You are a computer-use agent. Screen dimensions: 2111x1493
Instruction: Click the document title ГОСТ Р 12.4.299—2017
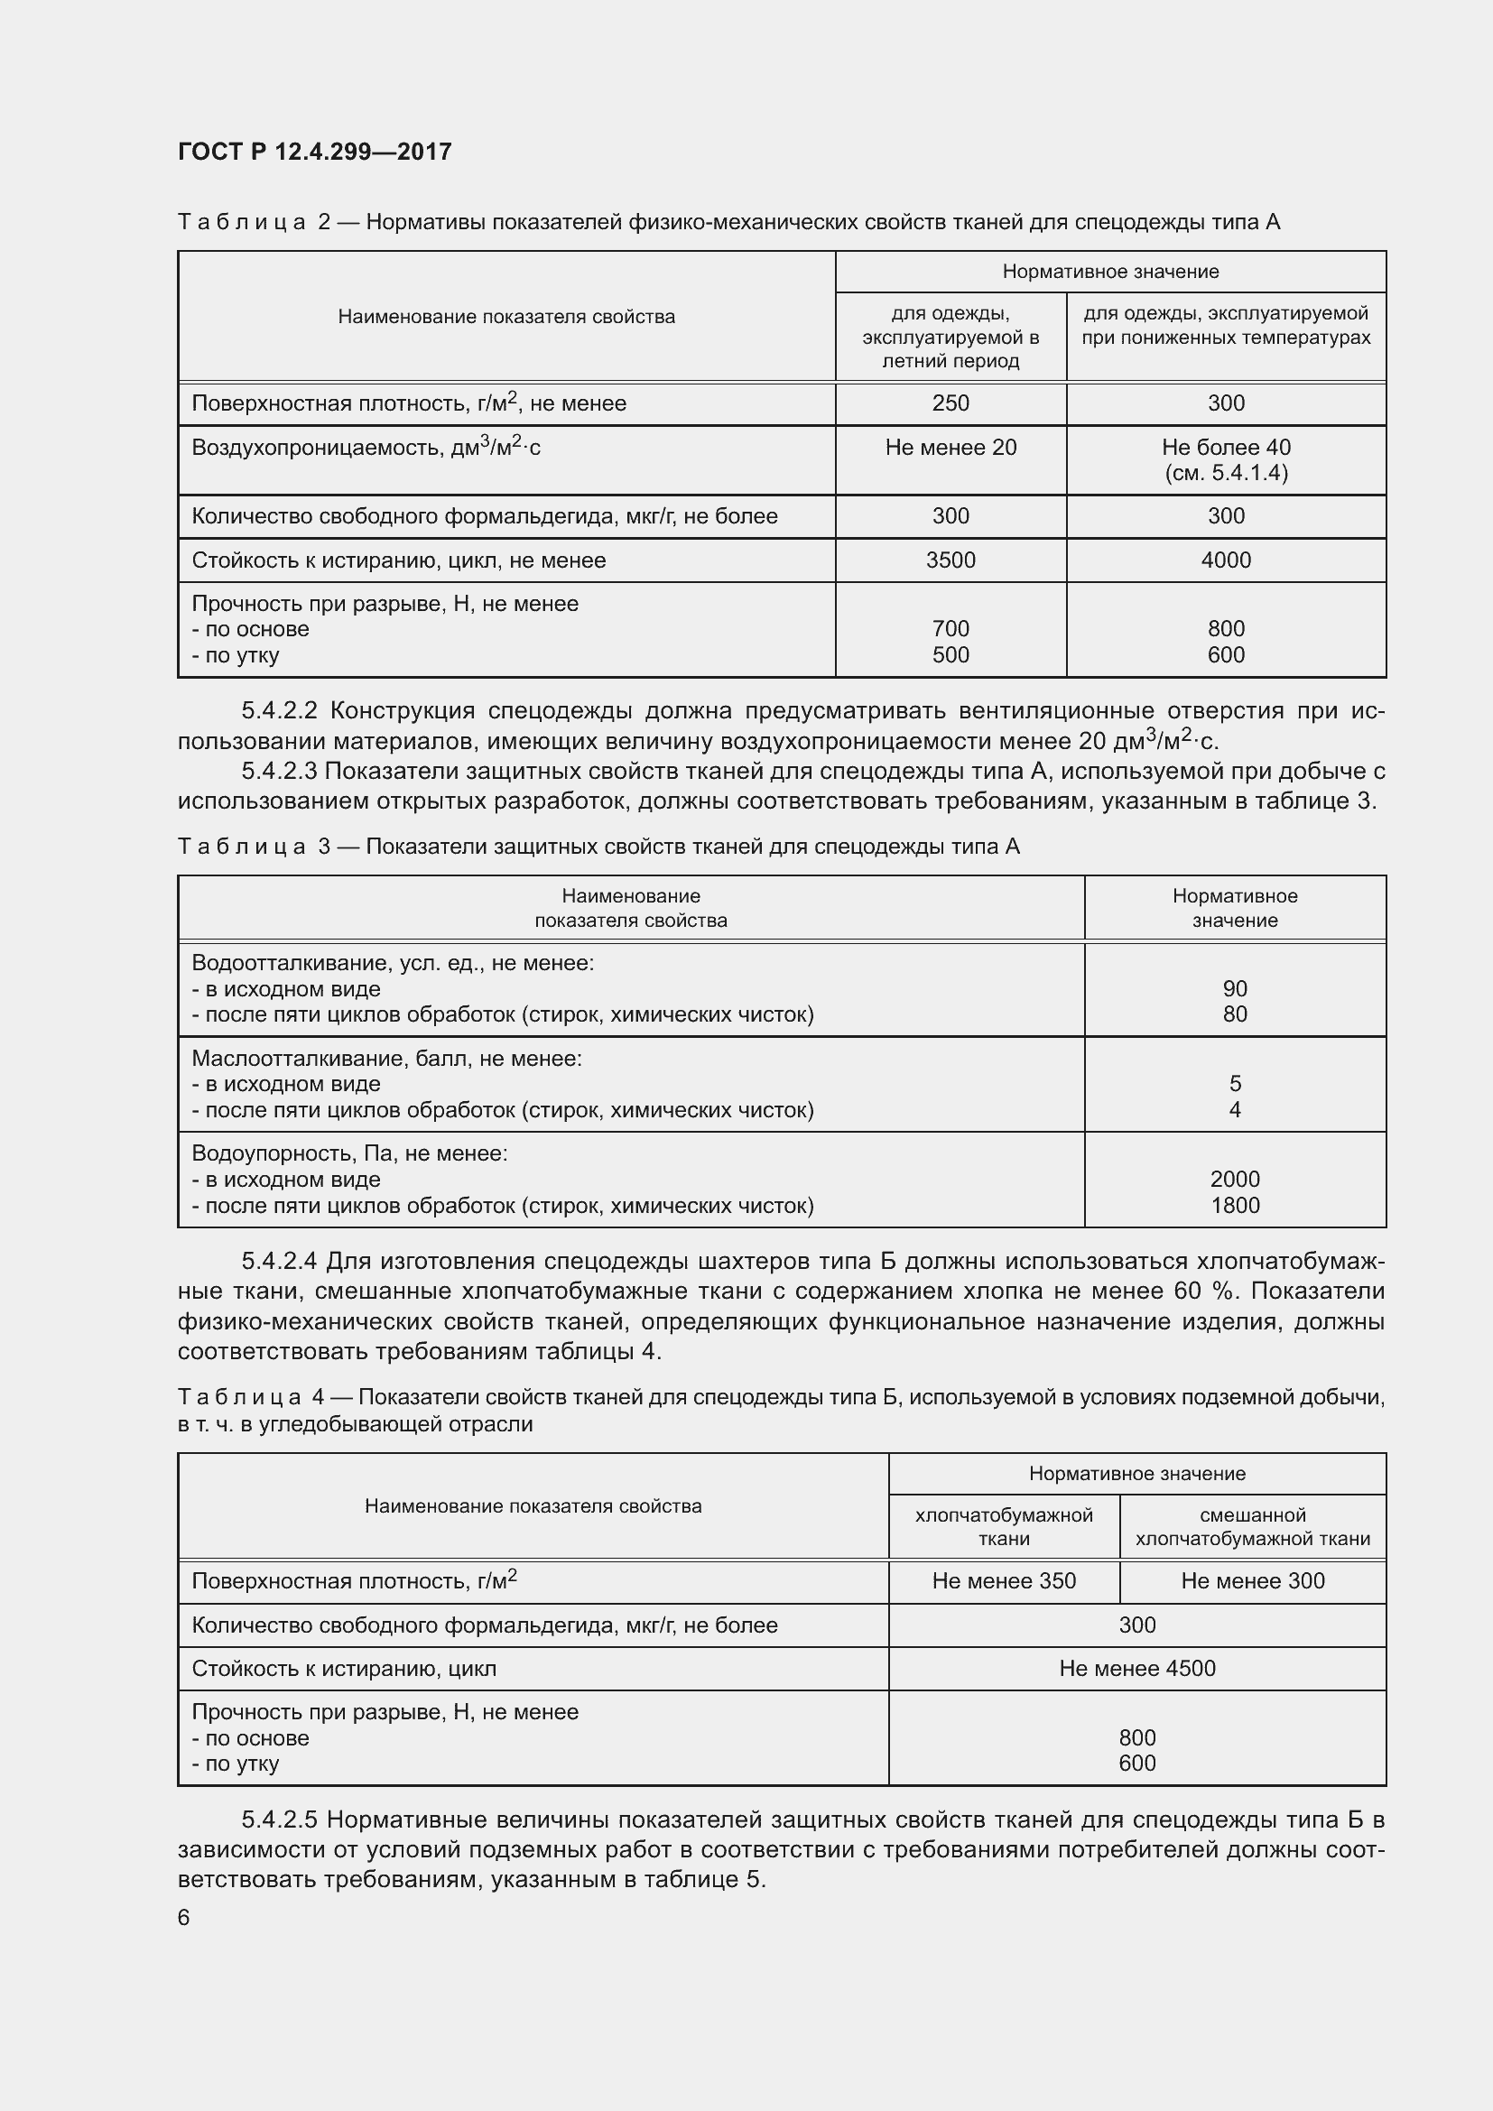[314, 152]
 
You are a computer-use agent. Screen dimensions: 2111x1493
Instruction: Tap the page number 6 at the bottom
[184, 1917]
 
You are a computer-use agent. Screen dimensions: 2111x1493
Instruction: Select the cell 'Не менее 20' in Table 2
[951, 448]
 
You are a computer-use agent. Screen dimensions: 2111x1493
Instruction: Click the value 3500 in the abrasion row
[951, 560]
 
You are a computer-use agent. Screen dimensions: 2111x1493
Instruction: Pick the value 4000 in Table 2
[1226, 560]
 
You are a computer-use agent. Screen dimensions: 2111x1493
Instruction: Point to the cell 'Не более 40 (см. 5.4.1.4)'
[1226, 459]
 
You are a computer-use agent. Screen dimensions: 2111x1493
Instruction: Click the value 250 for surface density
[951, 403]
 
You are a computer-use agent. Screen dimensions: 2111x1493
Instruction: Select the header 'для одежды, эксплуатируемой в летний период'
[951, 337]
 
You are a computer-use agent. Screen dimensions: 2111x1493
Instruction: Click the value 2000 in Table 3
[1235, 1179]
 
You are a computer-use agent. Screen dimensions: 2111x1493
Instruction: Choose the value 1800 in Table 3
[1235, 1206]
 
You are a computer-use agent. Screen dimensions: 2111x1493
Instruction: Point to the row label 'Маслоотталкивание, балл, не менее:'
[387, 1059]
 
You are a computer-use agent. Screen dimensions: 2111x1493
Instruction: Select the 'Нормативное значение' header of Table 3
[1235, 907]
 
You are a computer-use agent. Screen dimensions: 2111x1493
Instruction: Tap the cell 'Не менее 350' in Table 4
[1004, 1580]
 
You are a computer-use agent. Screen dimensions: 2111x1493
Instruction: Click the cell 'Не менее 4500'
[1137, 1668]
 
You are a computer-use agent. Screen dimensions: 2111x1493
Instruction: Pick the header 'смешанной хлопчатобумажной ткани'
[1252, 1526]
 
